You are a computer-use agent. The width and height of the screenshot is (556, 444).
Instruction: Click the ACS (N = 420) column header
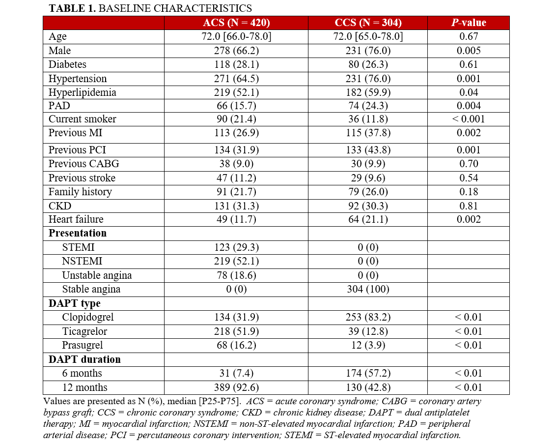point(236,23)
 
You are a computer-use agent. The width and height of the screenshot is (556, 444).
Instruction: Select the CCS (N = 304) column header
point(367,23)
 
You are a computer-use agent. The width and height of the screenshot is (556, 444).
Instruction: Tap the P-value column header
point(468,23)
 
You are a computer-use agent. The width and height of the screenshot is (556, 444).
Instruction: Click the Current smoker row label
point(83,119)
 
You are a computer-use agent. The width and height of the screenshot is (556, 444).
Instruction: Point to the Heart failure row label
point(76,219)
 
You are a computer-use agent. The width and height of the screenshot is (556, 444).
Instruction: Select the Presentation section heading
point(78,233)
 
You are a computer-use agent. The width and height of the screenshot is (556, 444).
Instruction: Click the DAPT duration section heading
point(84,359)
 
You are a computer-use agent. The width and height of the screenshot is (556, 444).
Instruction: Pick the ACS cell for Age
point(236,36)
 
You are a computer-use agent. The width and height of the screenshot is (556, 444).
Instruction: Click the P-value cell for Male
point(468,51)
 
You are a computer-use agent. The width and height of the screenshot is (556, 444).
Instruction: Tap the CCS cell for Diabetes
point(367,64)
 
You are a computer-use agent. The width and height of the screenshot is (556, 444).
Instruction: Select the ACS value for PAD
point(236,106)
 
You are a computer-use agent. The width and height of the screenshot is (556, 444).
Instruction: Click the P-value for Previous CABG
point(468,164)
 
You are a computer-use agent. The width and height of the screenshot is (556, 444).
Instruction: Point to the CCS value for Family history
point(367,192)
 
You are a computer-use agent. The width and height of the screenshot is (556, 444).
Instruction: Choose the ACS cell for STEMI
point(236,247)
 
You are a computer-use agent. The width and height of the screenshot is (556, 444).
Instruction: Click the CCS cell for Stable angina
point(367,289)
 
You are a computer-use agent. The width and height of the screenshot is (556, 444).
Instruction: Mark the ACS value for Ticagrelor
point(236,331)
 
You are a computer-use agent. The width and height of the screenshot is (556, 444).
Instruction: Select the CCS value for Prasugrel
point(367,345)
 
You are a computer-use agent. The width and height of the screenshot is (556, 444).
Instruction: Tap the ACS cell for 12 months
point(236,387)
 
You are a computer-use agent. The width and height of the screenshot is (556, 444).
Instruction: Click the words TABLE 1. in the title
point(69,8)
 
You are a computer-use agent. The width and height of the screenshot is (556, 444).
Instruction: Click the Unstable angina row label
point(97,275)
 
